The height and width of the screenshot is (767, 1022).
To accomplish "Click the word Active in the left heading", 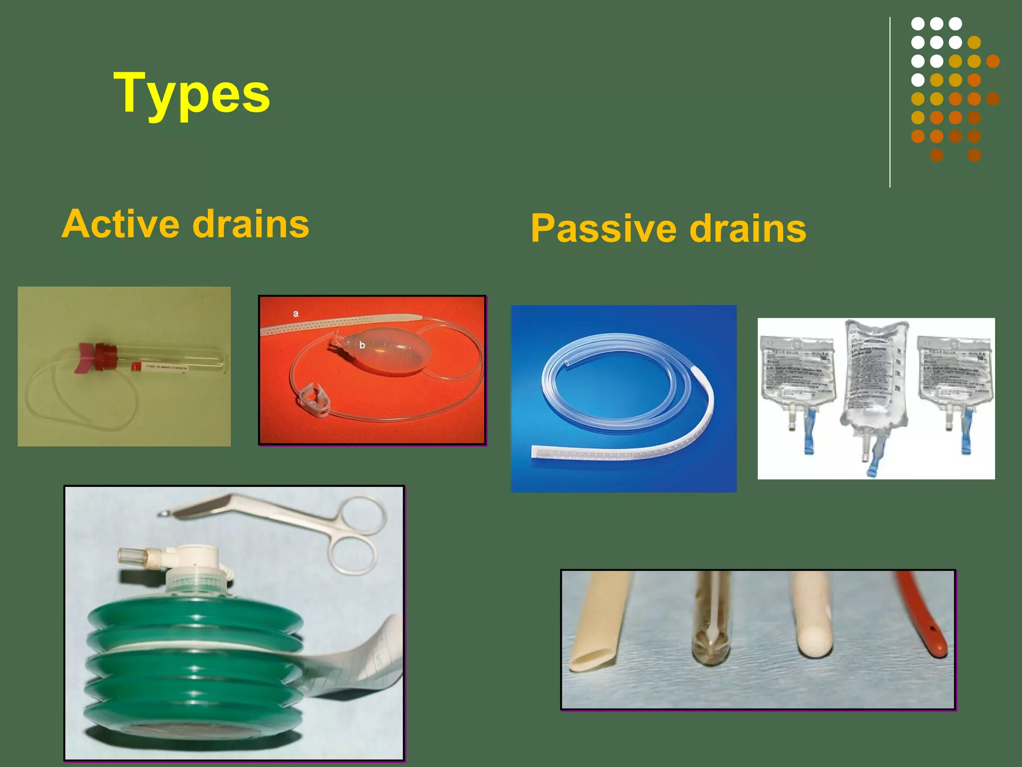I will [121, 224].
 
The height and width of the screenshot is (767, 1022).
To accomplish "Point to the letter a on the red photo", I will [295, 314].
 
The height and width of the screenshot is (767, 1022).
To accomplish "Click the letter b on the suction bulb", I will [362, 345].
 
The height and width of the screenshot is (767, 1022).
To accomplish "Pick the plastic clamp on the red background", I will [313, 399].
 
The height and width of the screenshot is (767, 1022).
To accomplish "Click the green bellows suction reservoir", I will [195, 669].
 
